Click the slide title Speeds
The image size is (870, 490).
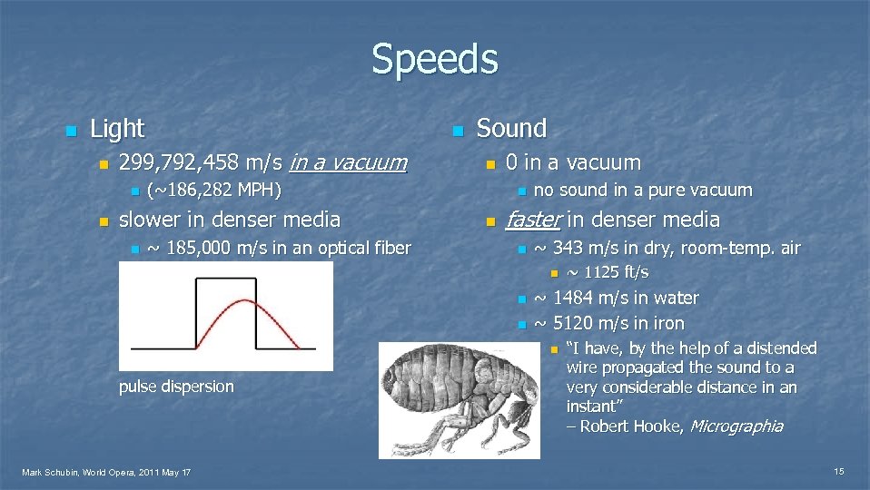click(434, 60)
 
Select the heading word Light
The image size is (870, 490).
click(117, 129)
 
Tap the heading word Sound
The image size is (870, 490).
click(511, 129)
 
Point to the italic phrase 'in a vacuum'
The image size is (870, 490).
click(348, 163)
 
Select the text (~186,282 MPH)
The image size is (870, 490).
click(214, 191)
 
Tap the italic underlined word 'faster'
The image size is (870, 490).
click(534, 220)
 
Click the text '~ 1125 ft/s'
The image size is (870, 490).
click(608, 272)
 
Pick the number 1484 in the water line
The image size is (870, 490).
click(576, 298)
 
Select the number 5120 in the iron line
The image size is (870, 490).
click(576, 323)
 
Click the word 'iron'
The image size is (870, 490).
click(667, 323)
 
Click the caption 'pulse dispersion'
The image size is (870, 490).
click(176, 387)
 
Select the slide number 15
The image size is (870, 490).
click(839, 472)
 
